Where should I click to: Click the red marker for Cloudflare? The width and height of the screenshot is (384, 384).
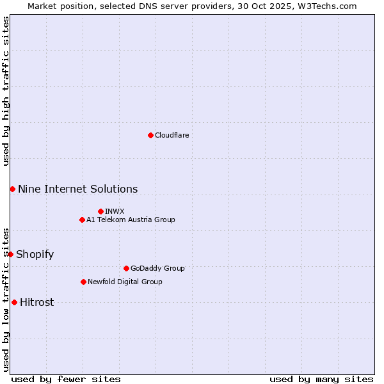[150, 135]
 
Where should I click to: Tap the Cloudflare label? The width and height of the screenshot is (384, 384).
[172, 135]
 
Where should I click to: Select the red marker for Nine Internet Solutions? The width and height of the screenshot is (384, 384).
[12, 189]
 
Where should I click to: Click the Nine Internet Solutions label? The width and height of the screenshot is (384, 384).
[77, 189]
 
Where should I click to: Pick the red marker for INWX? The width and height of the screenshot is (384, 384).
[100, 211]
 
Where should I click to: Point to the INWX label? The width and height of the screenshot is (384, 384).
[115, 211]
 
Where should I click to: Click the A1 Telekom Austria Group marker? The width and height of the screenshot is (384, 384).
[82, 220]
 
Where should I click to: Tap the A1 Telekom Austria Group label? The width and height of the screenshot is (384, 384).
[131, 220]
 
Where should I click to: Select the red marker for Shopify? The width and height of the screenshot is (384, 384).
[10, 254]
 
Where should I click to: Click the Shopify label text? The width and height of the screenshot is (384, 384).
[35, 254]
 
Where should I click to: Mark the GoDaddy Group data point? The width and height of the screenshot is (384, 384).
[126, 268]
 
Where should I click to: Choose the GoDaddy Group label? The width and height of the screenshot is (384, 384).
[157, 268]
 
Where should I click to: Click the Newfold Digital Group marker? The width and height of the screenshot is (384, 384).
[83, 282]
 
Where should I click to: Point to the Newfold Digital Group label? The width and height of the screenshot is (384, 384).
[125, 282]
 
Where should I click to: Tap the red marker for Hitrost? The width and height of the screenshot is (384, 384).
[14, 302]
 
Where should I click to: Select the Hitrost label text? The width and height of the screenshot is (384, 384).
[36, 302]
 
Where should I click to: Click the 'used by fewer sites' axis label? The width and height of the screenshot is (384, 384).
[66, 379]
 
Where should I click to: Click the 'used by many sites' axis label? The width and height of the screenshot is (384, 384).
[321, 379]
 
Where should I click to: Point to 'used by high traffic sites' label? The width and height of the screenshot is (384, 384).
[6, 91]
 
